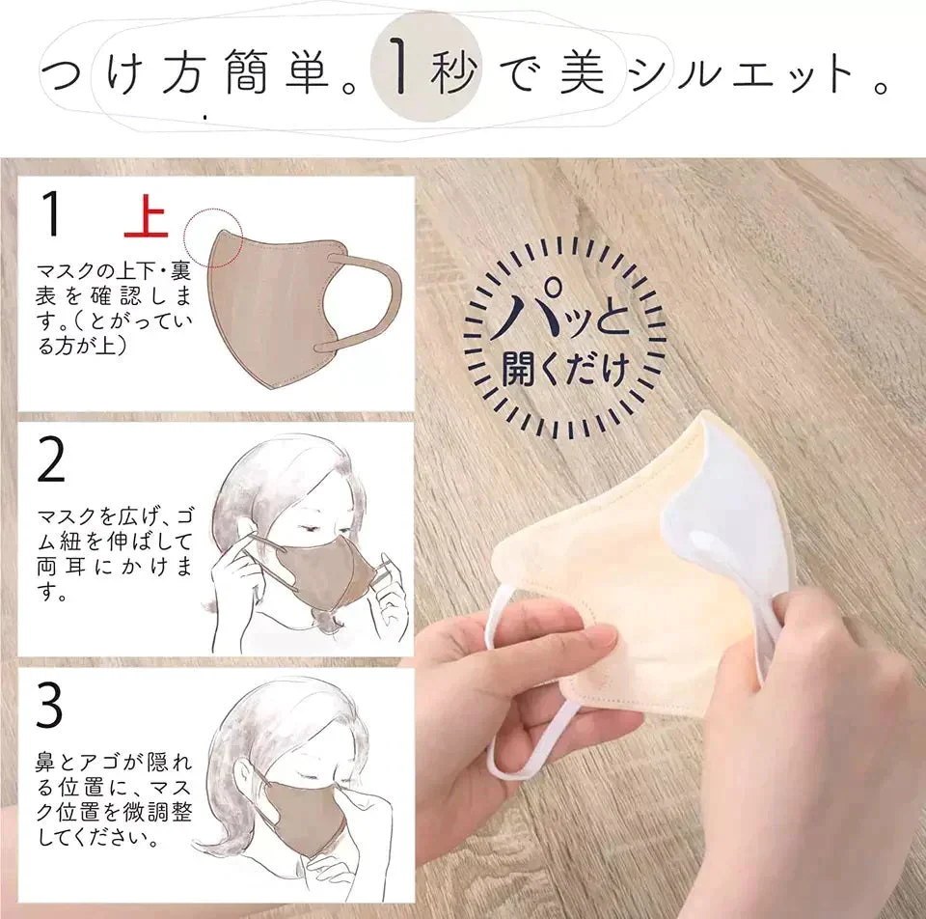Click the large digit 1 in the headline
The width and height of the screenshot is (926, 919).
400,67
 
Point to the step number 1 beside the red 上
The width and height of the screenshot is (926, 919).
51,214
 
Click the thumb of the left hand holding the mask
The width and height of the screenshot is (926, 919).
585,635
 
